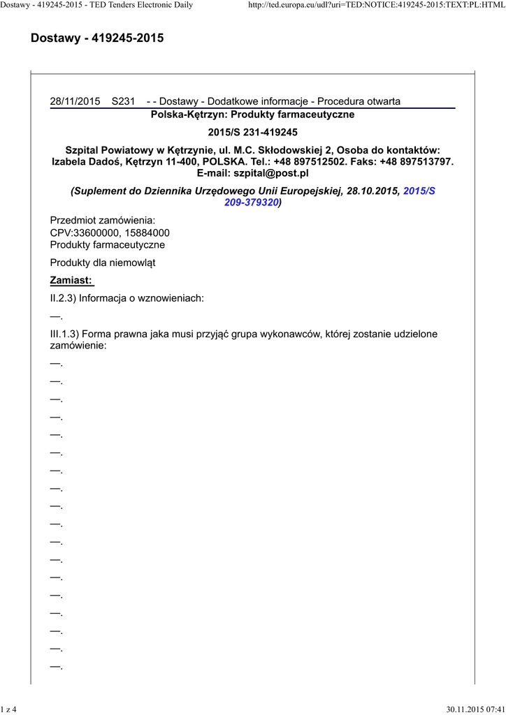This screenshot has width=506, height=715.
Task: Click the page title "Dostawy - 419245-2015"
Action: click(97, 38)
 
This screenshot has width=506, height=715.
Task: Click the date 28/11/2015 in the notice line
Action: click(75, 101)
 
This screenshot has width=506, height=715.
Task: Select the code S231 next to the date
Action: click(123, 101)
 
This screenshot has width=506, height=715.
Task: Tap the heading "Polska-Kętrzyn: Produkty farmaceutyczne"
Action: click(252, 115)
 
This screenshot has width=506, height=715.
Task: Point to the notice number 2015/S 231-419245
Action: click(252, 132)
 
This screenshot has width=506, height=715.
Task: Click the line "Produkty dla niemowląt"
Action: click(103, 263)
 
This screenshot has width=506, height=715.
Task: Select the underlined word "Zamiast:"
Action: click(71, 281)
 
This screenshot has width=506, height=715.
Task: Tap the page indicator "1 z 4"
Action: click(10, 709)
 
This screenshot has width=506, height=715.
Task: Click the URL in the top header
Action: click(376, 6)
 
